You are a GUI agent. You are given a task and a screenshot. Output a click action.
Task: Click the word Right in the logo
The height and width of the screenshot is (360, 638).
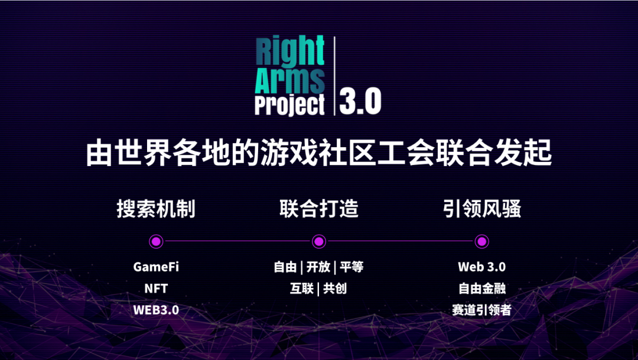[290, 51]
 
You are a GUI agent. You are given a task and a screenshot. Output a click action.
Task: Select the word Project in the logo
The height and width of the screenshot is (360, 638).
[290, 105]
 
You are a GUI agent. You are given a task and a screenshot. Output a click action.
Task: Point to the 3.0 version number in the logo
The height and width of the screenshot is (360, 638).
[360, 102]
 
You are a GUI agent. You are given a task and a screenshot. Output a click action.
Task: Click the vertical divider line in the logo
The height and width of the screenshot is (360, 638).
[335, 76]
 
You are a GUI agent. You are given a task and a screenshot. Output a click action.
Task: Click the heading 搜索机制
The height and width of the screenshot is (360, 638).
[156, 209]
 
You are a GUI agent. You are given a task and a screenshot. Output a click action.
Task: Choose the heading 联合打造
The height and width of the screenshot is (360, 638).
[319, 209]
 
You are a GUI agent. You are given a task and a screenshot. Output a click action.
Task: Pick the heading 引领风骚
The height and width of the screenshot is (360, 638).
[482, 209]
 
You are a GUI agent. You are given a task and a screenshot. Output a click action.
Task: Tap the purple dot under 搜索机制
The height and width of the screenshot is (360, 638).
[156, 241]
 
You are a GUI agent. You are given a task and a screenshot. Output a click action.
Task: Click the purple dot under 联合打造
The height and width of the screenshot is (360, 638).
[319, 241]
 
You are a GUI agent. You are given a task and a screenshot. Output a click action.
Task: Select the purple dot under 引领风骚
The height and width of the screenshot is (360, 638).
[482, 241]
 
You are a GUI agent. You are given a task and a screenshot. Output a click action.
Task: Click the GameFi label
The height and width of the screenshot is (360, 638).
[156, 267]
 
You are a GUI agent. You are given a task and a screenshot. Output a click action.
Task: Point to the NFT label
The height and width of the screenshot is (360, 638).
[156, 288]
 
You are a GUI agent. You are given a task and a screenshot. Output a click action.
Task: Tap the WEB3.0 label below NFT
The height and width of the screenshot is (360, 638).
[156, 310]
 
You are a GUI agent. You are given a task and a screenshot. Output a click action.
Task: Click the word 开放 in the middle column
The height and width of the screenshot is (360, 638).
[318, 267]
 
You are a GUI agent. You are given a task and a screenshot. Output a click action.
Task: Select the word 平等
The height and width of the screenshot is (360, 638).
[351, 267]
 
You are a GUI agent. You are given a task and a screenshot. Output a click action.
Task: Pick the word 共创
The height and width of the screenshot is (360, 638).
[335, 288]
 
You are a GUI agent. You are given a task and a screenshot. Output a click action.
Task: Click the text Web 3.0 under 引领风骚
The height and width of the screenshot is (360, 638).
[482, 267]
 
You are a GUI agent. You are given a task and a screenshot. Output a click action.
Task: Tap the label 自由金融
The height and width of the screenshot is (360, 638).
[482, 288]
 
